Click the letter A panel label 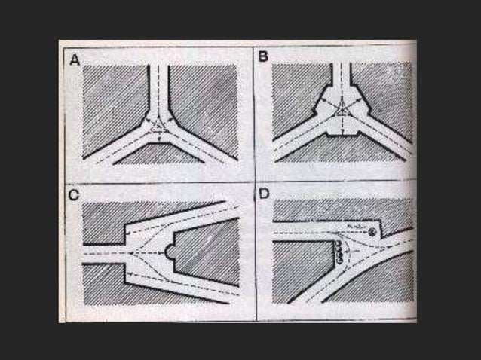coord(75,60)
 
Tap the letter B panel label coord(263,56)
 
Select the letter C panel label coord(74,195)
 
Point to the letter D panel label coord(264,194)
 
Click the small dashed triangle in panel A coord(158,127)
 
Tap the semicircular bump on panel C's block coord(169,252)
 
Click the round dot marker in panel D coord(372,232)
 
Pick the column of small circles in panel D coord(339,252)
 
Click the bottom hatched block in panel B coord(341,150)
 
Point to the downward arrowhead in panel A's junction coord(159,139)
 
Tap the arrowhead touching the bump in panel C coord(163,253)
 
